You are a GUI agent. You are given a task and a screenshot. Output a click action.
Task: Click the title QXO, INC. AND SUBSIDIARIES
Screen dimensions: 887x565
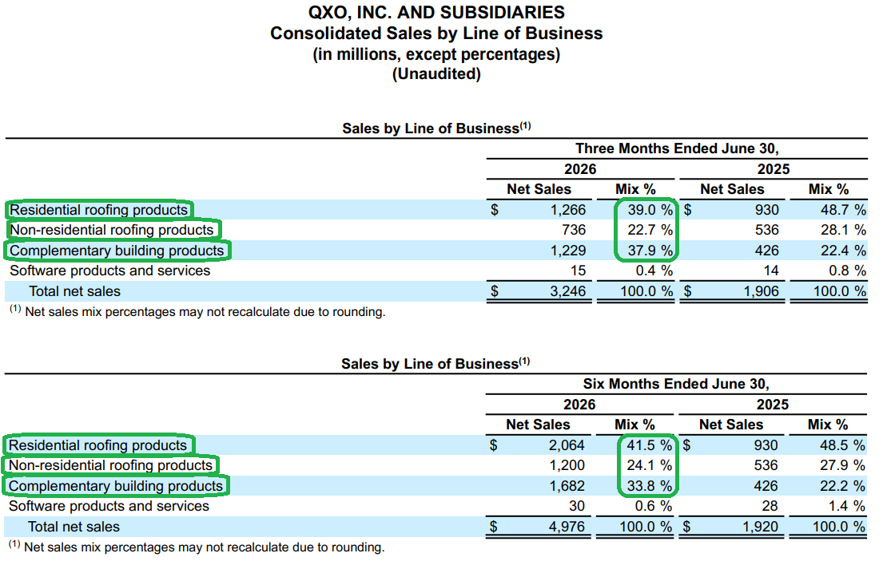(x=436, y=13)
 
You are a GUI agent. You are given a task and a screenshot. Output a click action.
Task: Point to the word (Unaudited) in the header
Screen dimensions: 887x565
(x=436, y=74)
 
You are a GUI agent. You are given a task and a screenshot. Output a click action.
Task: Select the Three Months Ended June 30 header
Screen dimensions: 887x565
(x=677, y=148)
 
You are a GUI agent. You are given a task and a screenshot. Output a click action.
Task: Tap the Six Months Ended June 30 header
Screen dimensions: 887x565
(x=676, y=384)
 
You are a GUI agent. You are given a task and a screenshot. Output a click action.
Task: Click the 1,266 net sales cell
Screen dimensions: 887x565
(x=568, y=210)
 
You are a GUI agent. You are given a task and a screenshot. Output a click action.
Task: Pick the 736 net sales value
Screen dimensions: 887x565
(x=574, y=230)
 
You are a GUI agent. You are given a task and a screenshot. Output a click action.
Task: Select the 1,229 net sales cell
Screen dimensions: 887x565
(x=568, y=251)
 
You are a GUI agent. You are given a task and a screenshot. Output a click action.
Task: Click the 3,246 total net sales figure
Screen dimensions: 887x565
(x=568, y=291)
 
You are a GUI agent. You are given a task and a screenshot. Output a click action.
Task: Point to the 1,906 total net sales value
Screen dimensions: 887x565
(x=761, y=291)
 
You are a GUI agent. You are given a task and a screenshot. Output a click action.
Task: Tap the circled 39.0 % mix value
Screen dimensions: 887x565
(x=650, y=210)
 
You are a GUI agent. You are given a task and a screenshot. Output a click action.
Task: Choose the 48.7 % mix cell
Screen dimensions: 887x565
(x=843, y=210)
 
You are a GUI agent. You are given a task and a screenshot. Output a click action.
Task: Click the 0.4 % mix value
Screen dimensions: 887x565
(x=654, y=271)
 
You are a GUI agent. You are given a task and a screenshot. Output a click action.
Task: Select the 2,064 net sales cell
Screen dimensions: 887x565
(x=567, y=446)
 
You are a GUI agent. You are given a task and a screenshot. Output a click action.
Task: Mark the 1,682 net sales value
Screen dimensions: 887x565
(x=567, y=487)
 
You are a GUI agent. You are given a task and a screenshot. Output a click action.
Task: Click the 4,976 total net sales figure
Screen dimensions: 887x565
(x=567, y=527)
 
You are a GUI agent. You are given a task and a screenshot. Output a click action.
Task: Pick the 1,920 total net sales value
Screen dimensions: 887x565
(x=760, y=527)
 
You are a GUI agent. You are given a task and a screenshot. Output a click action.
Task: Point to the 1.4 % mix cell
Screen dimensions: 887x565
(x=847, y=506)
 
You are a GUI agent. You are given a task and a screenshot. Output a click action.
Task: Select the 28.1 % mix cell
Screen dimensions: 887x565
(x=843, y=230)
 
